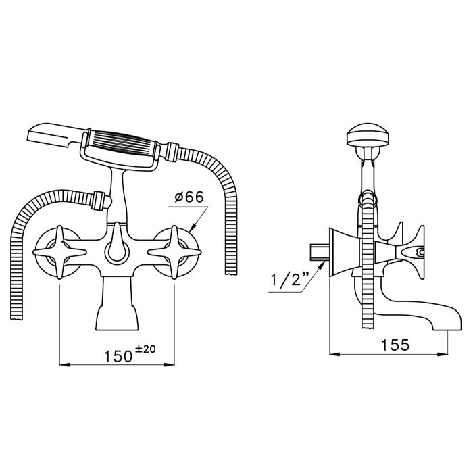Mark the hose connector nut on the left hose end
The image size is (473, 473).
tap(101, 201)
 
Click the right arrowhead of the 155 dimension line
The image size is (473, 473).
tap(446, 354)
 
